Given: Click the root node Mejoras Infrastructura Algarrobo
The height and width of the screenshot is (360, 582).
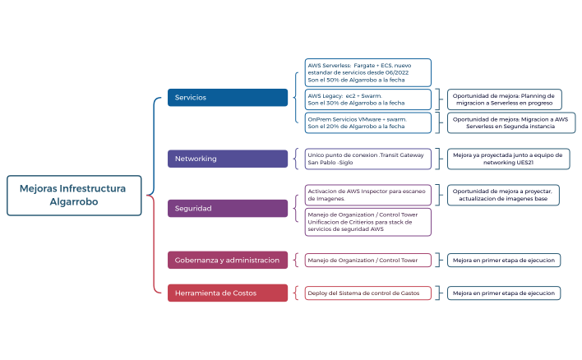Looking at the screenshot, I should [74, 195].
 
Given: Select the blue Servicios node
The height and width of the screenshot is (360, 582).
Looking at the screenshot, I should [229, 98].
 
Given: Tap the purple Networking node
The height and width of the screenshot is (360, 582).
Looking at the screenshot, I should [229, 159].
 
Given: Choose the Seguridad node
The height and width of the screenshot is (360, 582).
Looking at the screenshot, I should [229, 209].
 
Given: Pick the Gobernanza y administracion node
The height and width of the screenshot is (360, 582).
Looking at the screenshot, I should [229, 261].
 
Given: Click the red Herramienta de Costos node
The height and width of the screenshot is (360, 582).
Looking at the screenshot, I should [229, 293].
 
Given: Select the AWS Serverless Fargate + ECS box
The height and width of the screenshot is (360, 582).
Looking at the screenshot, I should [367, 72].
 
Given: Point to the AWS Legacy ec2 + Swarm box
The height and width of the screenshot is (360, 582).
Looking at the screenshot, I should [367, 99].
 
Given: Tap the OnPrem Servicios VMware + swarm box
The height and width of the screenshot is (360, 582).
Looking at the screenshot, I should [367, 122].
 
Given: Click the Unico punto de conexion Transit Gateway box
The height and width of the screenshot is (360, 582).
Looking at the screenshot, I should [367, 159].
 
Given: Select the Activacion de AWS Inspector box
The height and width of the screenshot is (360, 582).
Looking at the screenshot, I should [367, 195].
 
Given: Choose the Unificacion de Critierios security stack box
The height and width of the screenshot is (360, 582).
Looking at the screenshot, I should [367, 222].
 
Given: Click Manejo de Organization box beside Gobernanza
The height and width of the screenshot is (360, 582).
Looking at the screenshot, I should [367, 261].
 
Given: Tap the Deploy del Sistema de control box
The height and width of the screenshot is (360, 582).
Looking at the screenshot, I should [367, 293].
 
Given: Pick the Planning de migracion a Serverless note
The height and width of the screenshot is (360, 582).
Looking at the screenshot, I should [504, 99].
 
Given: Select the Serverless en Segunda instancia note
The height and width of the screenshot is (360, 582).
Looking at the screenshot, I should [510, 122].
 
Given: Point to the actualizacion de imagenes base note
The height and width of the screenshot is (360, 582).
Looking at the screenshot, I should [504, 195].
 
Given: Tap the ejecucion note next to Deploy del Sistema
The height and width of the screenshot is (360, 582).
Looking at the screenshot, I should [504, 293].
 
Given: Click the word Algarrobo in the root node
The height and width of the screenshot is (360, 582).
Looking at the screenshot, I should [74, 201].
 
